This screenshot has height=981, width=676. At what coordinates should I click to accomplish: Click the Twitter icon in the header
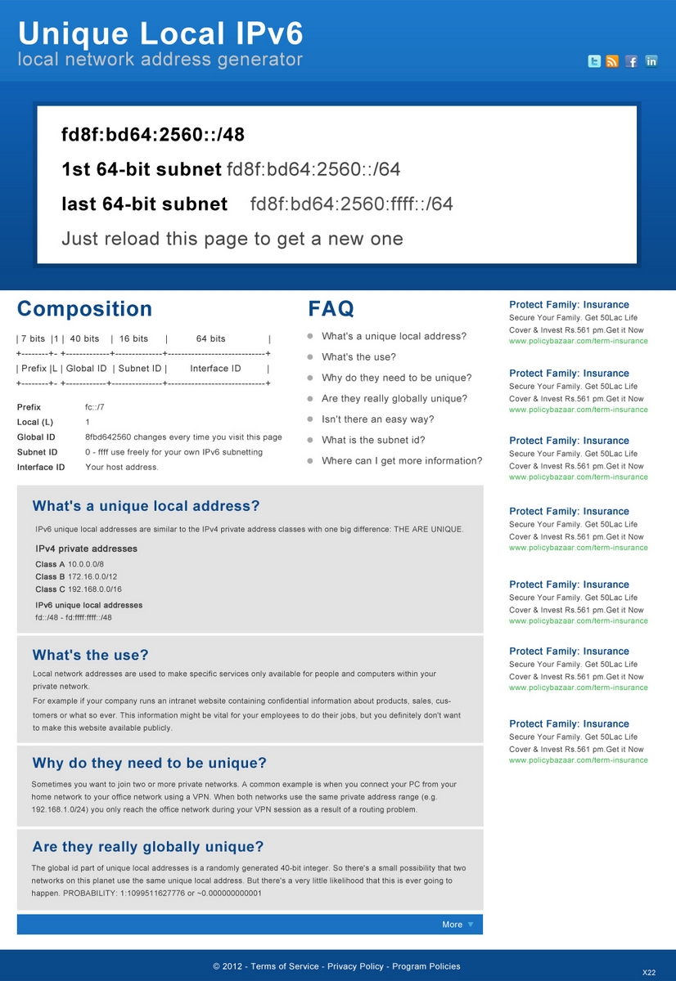[x=595, y=61]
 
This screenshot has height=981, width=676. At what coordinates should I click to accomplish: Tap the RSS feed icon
[x=612, y=61]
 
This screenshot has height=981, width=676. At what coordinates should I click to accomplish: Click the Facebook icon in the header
[x=632, y=61]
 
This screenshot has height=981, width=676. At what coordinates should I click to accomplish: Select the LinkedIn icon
[x=651, y=61]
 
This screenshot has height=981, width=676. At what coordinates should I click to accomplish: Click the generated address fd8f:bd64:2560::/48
[x=153, y=135]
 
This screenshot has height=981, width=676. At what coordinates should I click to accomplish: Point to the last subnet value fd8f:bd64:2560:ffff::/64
[x=352, y=204]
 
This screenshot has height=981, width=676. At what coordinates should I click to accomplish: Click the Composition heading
[x=84, y=309]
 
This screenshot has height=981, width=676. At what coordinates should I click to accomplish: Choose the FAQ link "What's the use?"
[x=358, y=357]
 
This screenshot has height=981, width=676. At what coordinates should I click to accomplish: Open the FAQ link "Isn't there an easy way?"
[x=378, y=419]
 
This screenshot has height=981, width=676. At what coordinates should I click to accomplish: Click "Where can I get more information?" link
[x=402, y=461]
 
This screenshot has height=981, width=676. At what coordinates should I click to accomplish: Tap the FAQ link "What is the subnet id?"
[x=373, y=440]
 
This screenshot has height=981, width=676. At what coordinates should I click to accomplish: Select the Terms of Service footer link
[x=285, y=966]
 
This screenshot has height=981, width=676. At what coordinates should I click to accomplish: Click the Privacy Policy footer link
[x=355, y=966]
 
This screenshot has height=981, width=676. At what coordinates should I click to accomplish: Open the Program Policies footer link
[x=426, y=966]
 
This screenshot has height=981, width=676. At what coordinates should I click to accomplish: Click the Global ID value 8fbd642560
[x=112, y=437]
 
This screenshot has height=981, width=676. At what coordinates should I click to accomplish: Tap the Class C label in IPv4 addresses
[x=50, y=589]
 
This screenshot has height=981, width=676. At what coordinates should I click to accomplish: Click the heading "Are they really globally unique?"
[x=148, y=847]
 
